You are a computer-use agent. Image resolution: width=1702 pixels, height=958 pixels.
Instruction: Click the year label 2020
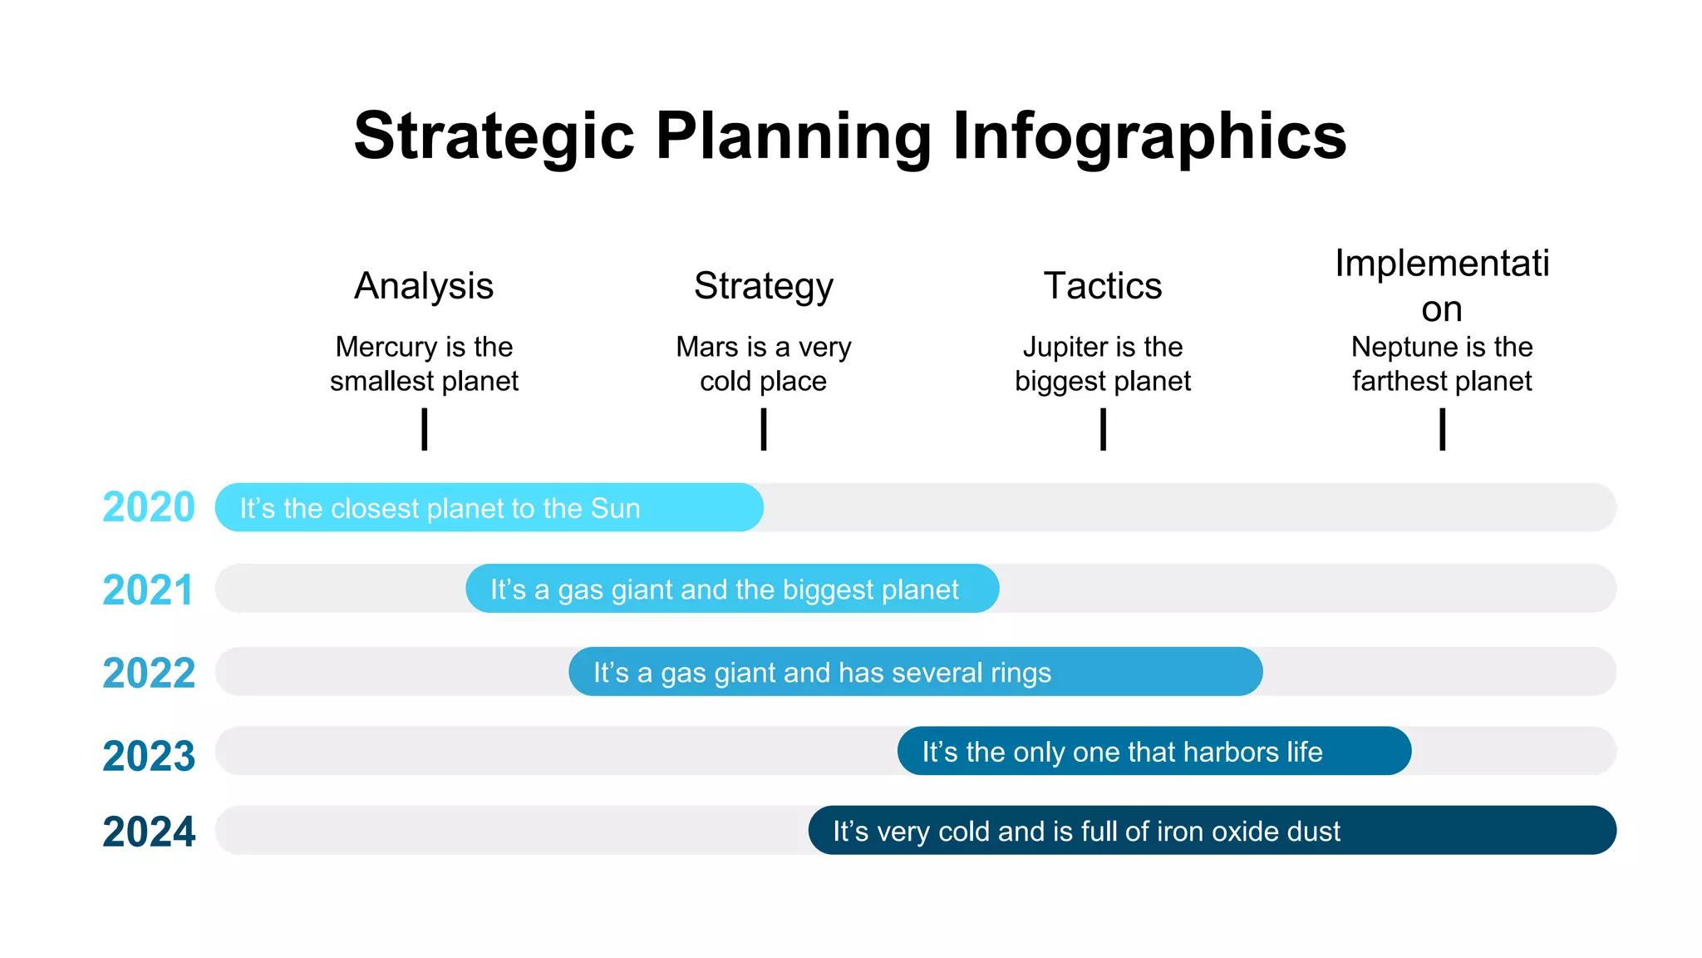(x=148, y=507)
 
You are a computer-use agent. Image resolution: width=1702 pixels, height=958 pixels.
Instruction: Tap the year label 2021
(x=148, y=590)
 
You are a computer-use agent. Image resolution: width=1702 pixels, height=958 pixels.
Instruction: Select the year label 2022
(x=148, y=673)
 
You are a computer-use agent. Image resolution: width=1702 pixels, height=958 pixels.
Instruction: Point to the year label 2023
(x=148, y=756)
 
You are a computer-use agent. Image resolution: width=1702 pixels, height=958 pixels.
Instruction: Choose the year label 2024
(x=148, y=832)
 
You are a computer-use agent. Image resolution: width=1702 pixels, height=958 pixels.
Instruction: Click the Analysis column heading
(x=424, y=286)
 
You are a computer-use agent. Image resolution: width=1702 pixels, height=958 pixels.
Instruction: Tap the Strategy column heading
(x=763, y=286)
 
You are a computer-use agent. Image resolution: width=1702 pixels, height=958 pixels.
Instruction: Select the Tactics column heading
(x=1102, y=286)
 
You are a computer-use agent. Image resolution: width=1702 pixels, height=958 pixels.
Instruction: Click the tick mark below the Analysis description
(x=425, y=429)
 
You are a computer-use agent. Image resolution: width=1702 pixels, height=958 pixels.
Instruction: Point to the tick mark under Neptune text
(x=1443, y=429)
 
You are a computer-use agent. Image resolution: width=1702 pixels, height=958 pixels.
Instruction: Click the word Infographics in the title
(x=1149, y=137)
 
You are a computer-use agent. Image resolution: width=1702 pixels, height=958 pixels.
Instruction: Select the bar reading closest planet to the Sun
(x=489, y=507)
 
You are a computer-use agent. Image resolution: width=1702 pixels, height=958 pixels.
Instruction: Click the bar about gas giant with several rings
(x=915, y=672)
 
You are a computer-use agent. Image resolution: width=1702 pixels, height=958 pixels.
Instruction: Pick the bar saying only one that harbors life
(x=1154, y=752)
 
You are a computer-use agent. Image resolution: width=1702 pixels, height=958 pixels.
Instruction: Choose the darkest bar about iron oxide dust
(x=1212, y=831)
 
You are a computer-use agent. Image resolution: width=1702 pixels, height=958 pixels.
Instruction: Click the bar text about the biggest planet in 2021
(x=724, y=590)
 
